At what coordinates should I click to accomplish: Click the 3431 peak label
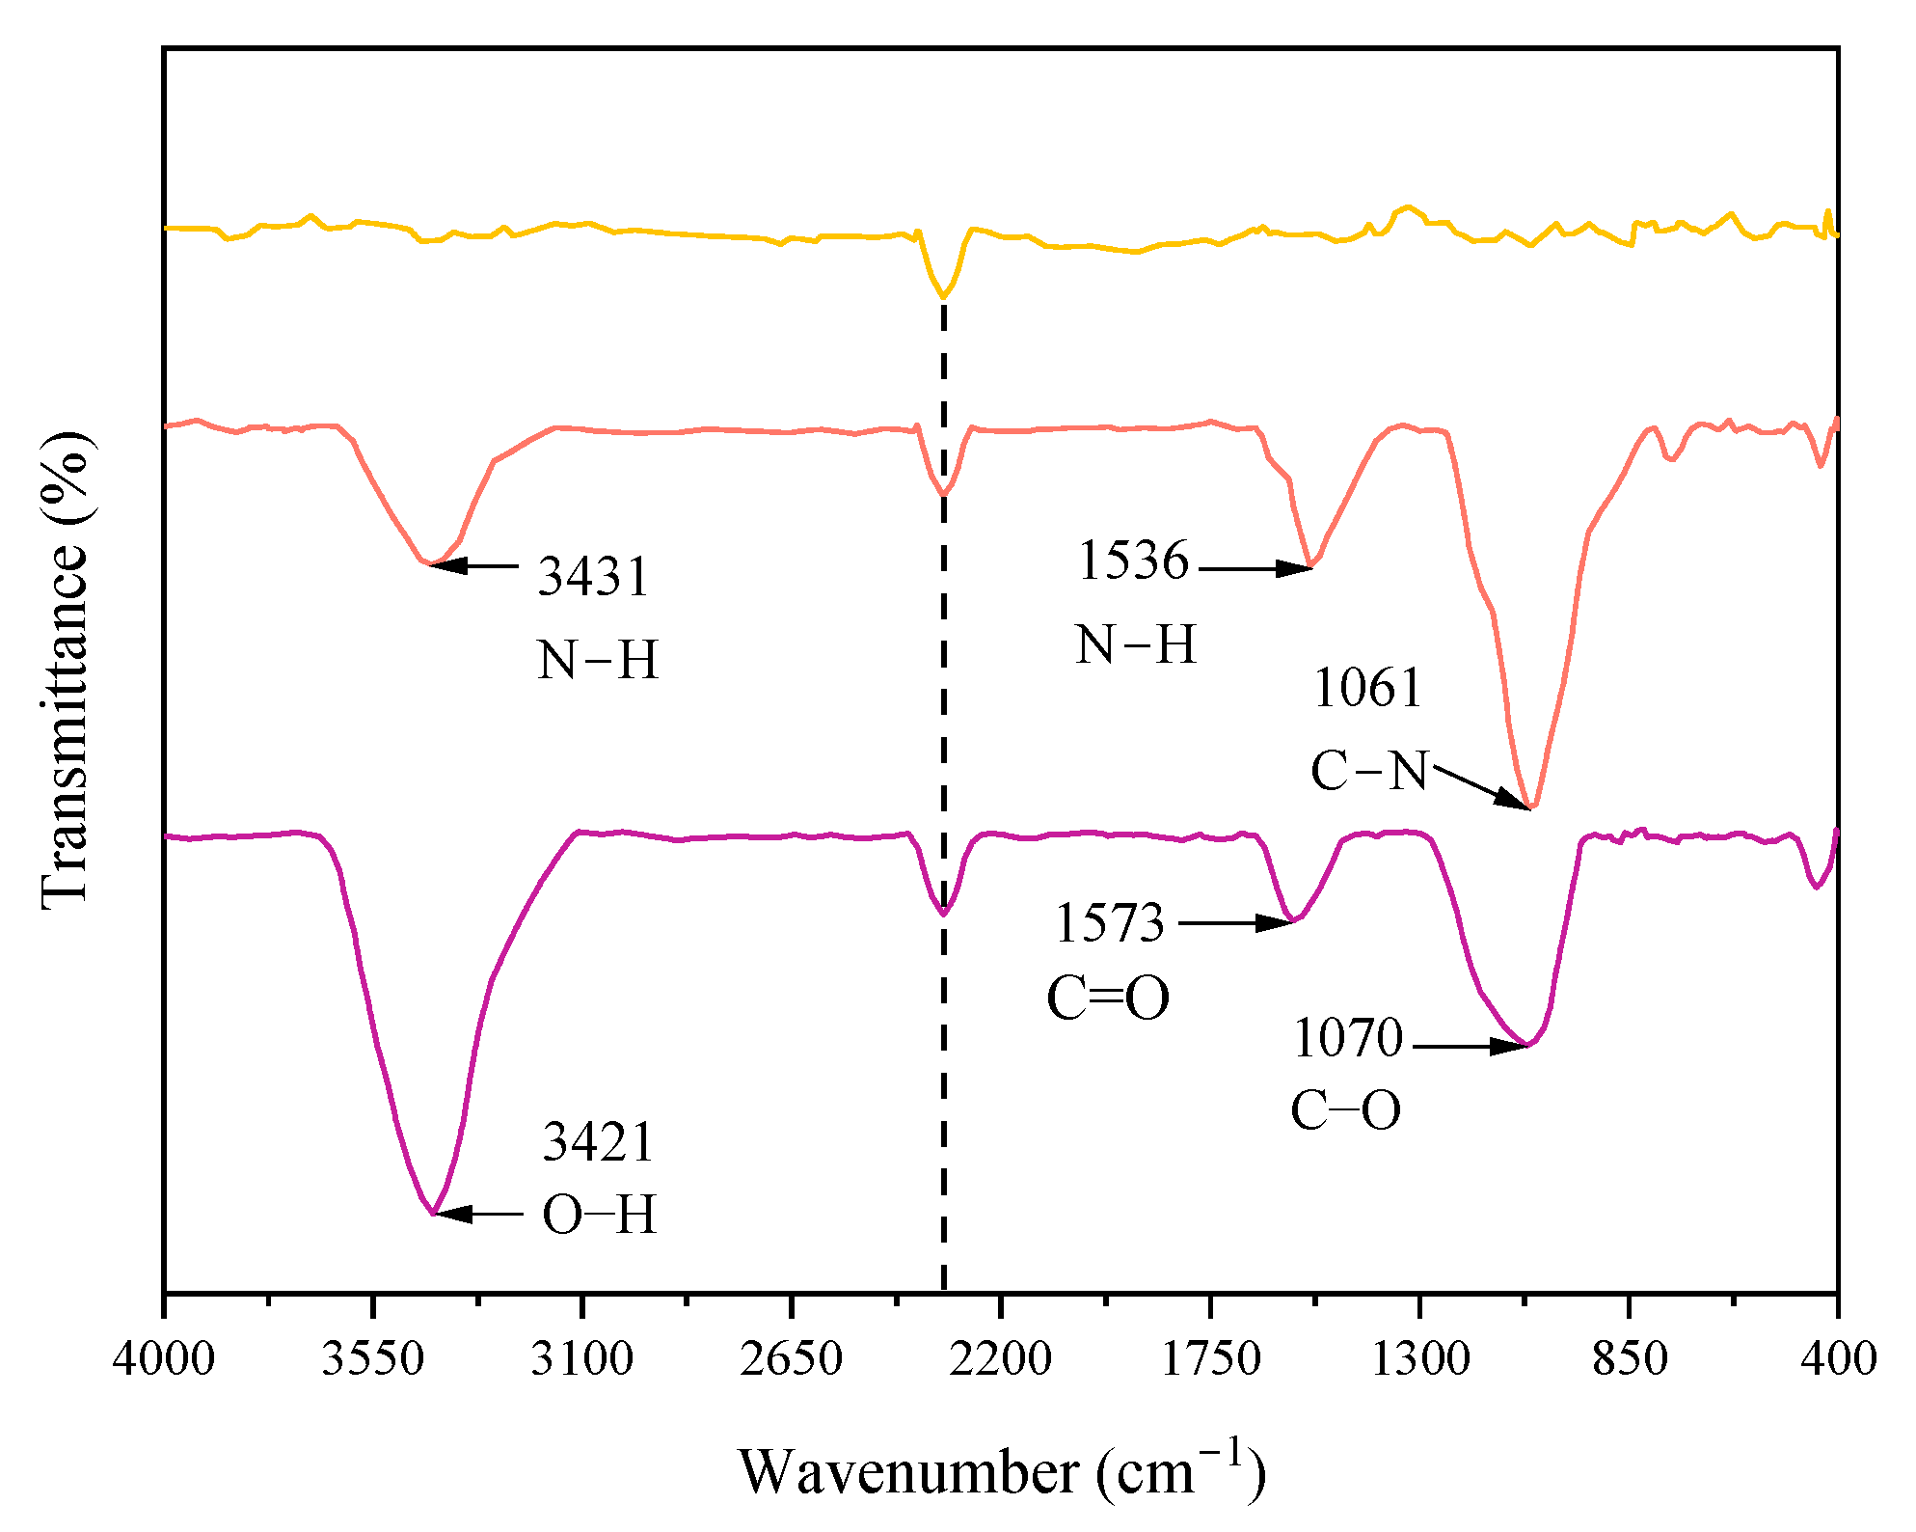[x=593, y=577]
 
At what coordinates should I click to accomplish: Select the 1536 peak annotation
[x=1133, y=561]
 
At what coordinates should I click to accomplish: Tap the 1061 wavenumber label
[x=1367, y=689]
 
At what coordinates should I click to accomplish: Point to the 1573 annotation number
[x=1109, y=923]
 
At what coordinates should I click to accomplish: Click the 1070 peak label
[x=1347, y=1039]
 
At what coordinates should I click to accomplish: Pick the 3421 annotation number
[x=598, y=1142]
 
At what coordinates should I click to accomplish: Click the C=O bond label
[x=1107, y=999]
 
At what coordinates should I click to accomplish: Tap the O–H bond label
[x=599, y=1215]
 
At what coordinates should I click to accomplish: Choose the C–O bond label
[x=1345, y=1110]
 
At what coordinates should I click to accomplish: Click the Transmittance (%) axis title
[x=66, y=670]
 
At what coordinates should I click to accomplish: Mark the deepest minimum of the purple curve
[x=433, y=1213]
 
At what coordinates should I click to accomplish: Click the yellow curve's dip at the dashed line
[x=943, y=297]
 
